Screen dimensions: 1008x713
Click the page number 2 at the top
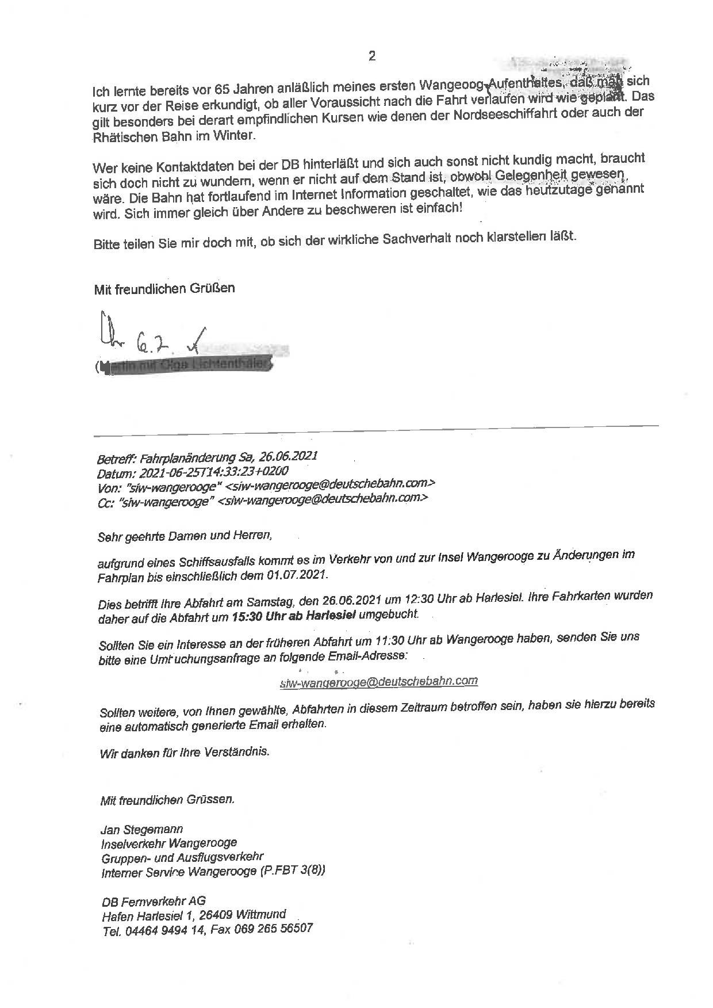pos(372,56)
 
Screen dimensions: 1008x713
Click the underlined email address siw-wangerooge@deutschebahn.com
pos(378,682)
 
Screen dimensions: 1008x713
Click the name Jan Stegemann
pos(142,830)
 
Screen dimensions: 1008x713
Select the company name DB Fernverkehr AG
pos(154,902)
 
